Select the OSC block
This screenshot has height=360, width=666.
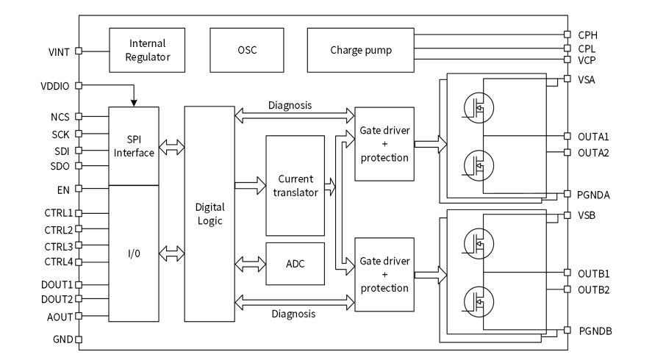tap(247, 50)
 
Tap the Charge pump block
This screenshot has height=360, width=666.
tap(360, 50)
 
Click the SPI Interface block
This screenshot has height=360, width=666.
tap(134, 145)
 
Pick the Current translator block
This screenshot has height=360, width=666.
tap(296, 184)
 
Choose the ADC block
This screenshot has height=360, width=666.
tap(296, 263)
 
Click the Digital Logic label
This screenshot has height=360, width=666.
tap(210, 213)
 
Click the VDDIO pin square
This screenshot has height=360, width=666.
tap(79, 85)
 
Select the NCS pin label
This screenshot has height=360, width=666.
tap(60, 116)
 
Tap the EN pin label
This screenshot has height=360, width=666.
tap(65, 189)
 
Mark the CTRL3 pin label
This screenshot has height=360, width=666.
tap(58, 246)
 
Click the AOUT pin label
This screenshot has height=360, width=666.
tap(60, 317)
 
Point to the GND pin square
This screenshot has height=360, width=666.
tap(79, 340)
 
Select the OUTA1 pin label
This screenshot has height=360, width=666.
tap(593, 137)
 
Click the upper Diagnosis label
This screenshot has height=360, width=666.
tap(290, 105)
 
